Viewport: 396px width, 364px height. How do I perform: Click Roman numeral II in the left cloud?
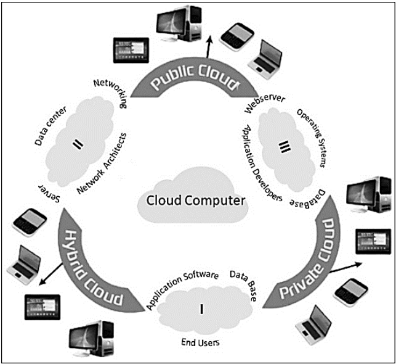pyautogui.click(x=78, y=144)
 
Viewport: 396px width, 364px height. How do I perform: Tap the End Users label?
pyautogui.click(x=201, y=341)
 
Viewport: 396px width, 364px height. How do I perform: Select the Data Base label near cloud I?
pyautogui.click(x=243, y=285)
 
